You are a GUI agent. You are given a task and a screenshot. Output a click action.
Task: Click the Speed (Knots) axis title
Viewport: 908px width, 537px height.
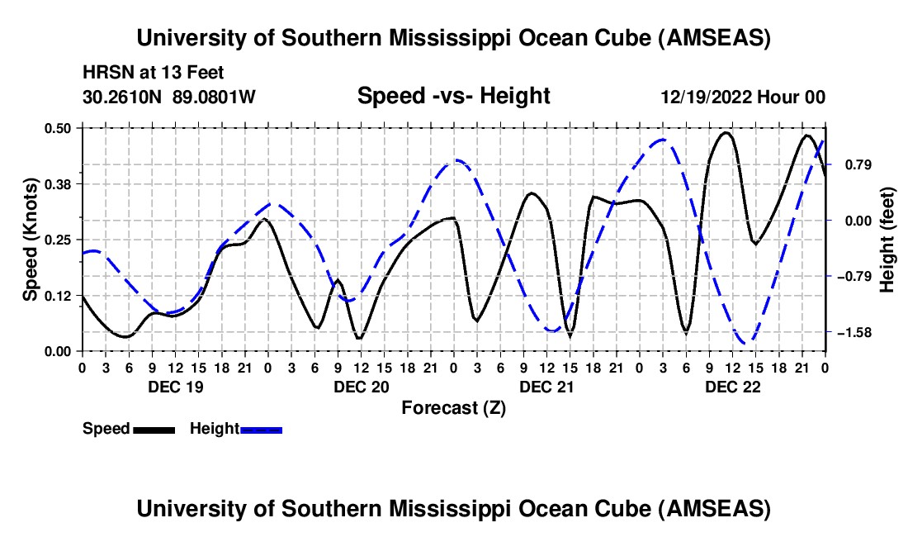[31, 240]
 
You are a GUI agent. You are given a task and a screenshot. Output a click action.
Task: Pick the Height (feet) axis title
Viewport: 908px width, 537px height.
[887, 240]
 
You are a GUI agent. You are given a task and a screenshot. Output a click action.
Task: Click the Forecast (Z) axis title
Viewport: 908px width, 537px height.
[453, 407]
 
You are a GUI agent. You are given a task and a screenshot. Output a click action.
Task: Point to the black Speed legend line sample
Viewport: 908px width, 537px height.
[154, 430]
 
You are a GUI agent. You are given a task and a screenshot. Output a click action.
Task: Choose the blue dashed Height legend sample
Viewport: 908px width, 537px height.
[262, 430]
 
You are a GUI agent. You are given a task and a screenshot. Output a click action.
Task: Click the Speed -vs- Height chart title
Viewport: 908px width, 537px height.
[453, 97]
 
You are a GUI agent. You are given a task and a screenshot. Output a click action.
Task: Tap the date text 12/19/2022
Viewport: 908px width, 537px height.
[706, 97]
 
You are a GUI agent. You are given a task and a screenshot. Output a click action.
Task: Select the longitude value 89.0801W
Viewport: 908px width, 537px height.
[215, 97]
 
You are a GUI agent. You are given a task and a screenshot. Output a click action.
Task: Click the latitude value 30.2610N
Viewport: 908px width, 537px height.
[124, 97]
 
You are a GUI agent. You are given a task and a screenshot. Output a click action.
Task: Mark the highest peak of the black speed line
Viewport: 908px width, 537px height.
[726, 132]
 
